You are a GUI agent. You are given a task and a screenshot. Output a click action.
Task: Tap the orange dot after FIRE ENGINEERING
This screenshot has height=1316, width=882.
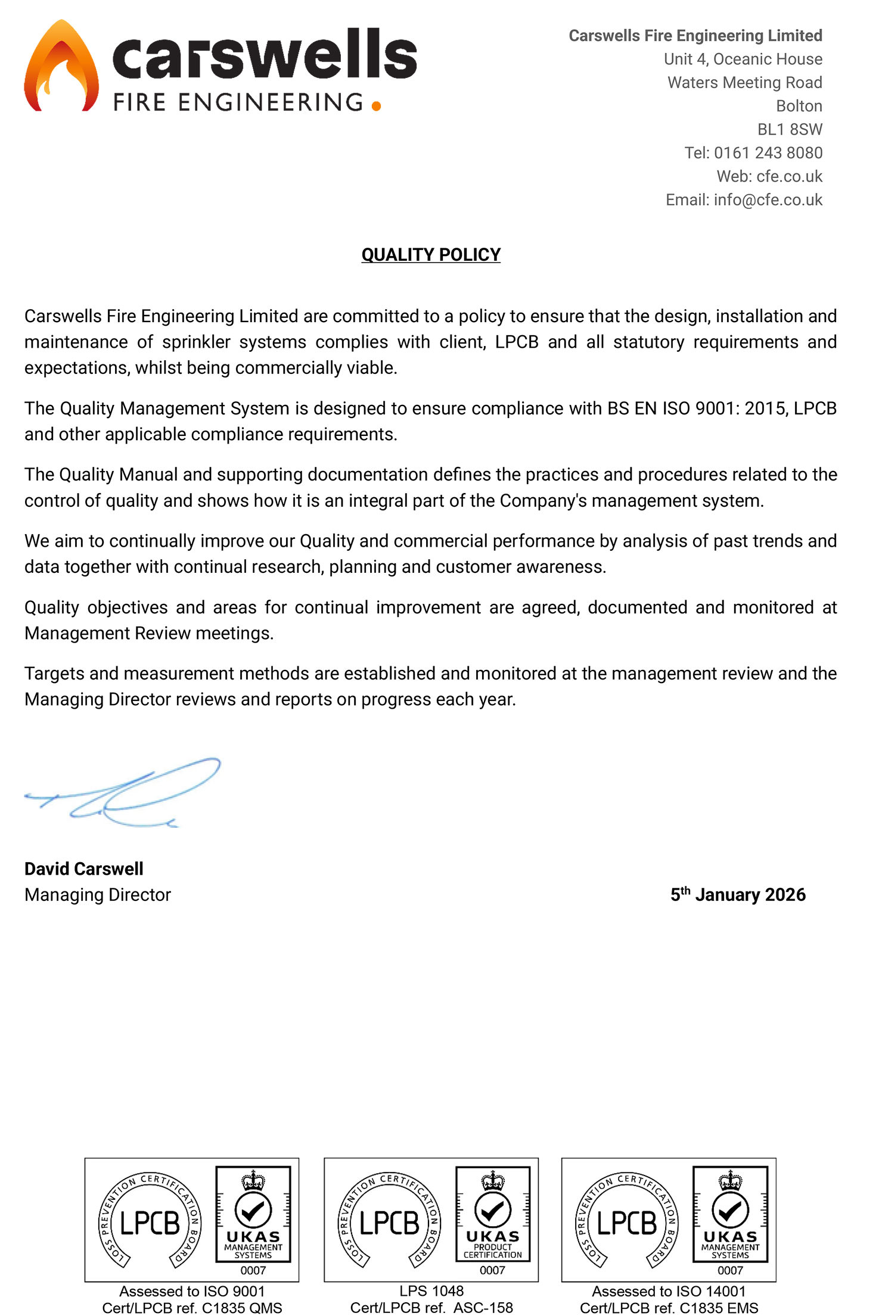click(376, 106)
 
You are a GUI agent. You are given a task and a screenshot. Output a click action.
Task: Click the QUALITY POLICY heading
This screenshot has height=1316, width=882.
click(431, 255)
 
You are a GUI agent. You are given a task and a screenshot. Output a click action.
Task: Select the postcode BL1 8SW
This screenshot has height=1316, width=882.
click(790, 130)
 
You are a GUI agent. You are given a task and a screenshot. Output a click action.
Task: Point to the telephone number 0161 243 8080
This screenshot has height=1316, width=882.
click(768, 153)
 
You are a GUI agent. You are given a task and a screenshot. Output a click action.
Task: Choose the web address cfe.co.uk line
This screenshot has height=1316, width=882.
click(769, 177)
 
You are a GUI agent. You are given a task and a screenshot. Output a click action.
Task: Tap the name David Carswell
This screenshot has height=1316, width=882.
click(84, 869)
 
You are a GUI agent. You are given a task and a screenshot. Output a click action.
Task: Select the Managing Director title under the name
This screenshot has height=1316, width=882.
click(98, 895)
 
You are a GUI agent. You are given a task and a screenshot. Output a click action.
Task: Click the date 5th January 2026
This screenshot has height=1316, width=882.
click(738, 895)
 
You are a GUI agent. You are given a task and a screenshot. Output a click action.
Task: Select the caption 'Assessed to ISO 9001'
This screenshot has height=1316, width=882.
click(192, 1291)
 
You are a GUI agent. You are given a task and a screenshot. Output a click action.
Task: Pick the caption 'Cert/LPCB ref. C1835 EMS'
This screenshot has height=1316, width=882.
click(669, 1308)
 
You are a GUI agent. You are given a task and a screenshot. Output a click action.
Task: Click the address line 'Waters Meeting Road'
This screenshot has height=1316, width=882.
click(744, 83)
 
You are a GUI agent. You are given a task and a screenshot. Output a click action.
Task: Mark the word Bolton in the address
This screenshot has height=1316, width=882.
click(799, 106)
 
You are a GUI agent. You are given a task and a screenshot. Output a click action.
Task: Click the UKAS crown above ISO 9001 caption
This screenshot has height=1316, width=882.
click(253, 1180)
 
